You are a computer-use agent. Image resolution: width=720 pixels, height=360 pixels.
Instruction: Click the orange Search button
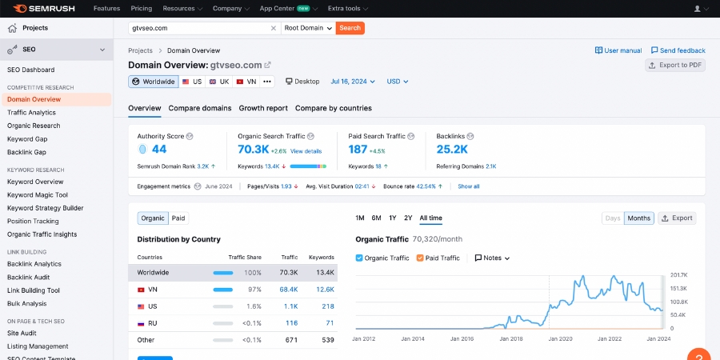[x=350, y=28]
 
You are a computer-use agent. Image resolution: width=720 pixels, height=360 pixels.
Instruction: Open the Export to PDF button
[x=675, y=65]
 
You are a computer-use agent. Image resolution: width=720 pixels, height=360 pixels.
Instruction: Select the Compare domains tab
[x=200, y=108]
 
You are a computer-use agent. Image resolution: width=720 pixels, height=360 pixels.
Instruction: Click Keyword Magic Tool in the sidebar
[x=38, y=194]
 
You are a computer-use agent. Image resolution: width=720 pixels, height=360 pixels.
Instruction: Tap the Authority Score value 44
[x=158, y=149]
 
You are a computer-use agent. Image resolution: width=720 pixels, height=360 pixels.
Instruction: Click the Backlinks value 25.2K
[x=452, y=149]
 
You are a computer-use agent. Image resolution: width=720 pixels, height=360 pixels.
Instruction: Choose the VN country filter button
[x=246, y=82]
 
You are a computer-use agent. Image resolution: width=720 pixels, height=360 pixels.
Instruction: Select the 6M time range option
[x=376, y=218]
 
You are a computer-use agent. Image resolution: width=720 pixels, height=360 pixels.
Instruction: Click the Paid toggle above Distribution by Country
[x=178, y=218]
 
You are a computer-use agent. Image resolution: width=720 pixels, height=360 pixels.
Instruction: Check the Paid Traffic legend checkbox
[x=421, y=258]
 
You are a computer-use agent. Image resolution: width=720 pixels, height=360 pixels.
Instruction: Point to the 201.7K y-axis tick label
[x=678, y=275]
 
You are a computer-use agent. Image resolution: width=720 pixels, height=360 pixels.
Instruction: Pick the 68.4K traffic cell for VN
[x=288, y=290]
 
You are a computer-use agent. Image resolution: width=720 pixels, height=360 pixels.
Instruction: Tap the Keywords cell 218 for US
[x=328, y=306]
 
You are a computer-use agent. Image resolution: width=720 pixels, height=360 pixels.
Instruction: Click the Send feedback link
[x=678, y=50]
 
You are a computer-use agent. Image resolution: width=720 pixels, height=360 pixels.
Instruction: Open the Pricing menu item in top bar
[x=141, y=8]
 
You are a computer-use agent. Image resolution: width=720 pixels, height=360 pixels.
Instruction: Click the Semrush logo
[x=45, y=8]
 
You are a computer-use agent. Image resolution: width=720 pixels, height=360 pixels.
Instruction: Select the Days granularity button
[x=613, y=218]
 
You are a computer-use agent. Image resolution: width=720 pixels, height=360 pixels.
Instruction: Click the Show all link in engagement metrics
[x=469, y=186]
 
